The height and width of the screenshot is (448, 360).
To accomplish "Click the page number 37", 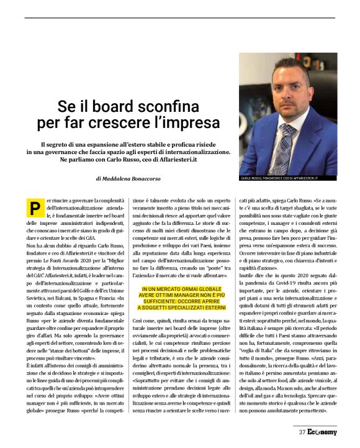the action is (302, 432).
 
